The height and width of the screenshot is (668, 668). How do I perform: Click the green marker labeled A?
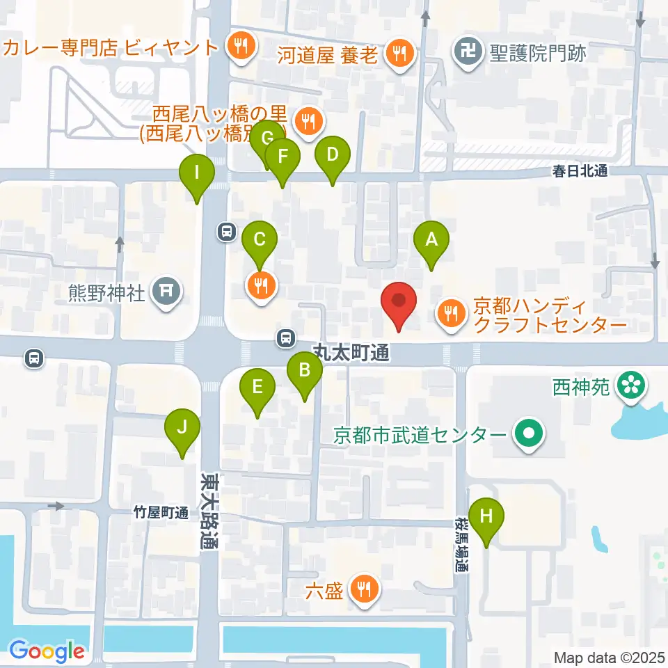(431, 240)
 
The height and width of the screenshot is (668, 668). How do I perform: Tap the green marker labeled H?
(486, 517)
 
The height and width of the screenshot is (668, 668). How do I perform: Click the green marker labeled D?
(332, 154)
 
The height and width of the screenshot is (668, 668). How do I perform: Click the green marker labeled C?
(260, 241)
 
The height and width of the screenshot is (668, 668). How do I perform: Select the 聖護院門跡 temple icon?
(467, 50)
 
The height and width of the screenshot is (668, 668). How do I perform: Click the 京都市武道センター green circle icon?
(528, 436)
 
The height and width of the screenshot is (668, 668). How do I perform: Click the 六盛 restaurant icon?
(363, 590)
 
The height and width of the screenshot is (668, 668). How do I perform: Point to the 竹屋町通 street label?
(161, 514)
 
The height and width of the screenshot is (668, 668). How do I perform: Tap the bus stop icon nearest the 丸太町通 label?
(285, 338)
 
